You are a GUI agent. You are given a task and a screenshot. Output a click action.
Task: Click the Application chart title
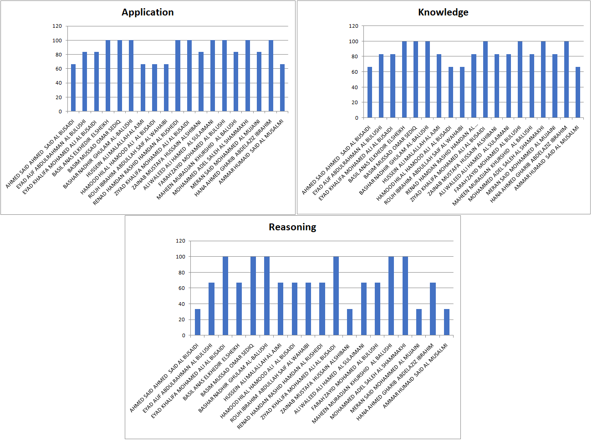coord(148,12)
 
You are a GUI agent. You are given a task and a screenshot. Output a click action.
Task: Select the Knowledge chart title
coord(443,12)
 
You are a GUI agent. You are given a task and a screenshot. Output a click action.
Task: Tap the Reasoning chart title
coord(292,227)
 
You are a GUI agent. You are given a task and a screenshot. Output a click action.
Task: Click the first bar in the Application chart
coord(73,88)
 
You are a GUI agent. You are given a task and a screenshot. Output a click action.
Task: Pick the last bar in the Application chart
coord(282,88)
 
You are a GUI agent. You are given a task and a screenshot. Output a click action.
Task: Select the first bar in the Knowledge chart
coord(370,92)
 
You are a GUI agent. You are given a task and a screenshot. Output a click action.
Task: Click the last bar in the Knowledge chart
coord(578,92)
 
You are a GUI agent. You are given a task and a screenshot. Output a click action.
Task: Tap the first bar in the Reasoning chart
coord(198,322)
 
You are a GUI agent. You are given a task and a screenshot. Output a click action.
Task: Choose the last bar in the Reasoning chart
coord(447,322)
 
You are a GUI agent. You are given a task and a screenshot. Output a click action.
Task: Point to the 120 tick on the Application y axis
coord(57,26)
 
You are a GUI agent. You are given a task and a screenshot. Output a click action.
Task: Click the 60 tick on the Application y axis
coord(59,69)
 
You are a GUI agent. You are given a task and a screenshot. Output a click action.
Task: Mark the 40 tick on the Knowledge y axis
coord(355,87)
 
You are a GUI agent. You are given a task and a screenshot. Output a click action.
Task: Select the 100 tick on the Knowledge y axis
coord(353,41)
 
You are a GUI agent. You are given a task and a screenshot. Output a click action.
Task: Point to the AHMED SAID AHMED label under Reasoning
coord(164,378)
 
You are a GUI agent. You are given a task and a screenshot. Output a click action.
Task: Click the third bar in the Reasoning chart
coord(225,296)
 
